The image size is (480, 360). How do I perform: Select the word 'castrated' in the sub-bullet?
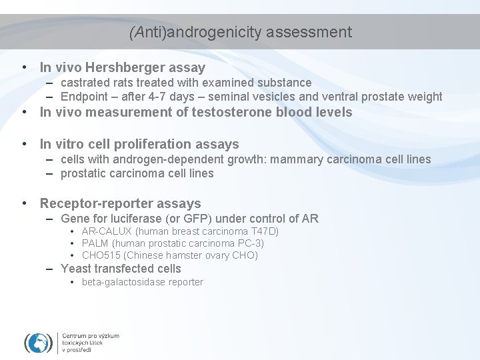85,83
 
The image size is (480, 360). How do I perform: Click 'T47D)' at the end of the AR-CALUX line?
265,231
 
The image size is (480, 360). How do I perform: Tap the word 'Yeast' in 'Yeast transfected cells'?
75,269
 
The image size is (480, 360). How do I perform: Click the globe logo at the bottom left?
38,342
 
